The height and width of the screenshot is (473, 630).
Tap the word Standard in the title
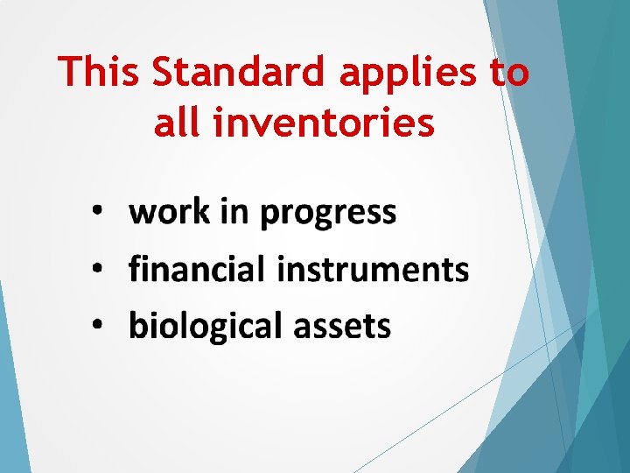[x=240, y=73]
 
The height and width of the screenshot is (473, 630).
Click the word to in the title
[x=510, y=73]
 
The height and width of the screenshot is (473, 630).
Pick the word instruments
[x=373, y=269]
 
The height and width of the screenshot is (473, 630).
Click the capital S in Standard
[x=164, y=73]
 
